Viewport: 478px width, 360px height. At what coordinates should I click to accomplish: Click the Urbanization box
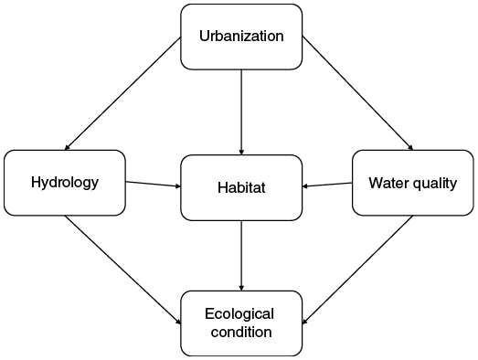(241, 37)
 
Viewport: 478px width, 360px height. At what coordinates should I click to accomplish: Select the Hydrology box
(64, 182)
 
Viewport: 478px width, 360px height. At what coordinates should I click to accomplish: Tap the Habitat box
(241, 187)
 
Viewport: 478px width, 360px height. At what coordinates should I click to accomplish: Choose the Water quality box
(412, 183)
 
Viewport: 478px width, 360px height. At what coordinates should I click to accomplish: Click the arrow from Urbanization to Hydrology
(122, 93)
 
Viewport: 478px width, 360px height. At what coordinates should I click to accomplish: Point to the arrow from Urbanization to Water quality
(359, 93)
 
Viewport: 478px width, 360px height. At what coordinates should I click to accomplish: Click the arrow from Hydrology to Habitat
(153, 185)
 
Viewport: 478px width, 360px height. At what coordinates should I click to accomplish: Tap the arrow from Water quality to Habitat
(327, 185)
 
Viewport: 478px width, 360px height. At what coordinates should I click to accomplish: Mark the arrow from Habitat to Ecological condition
(241, 255)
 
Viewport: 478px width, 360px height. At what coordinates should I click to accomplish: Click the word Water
(388, 183)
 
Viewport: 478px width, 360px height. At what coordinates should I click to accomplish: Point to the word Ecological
(239, 313)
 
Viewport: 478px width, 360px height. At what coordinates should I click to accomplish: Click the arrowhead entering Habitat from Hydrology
(176, 186)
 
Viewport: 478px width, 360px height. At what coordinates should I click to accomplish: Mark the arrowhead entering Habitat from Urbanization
(241, 150)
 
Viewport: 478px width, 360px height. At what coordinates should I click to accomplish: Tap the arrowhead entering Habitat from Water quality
(306, 187)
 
